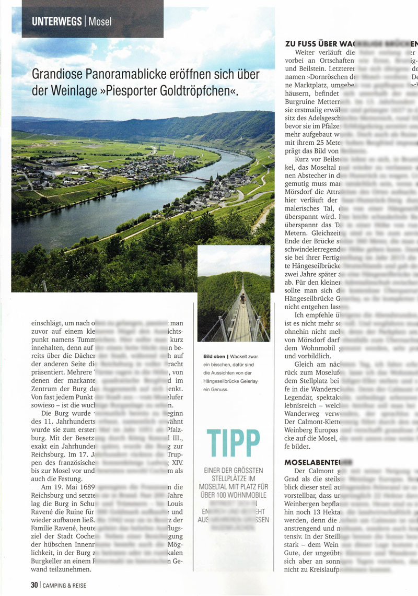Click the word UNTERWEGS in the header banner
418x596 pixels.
coord(56,21)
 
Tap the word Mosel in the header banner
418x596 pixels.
coord(100,22)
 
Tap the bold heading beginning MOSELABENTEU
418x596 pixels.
coord(311,462)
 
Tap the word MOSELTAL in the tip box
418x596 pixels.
coord(219,486)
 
